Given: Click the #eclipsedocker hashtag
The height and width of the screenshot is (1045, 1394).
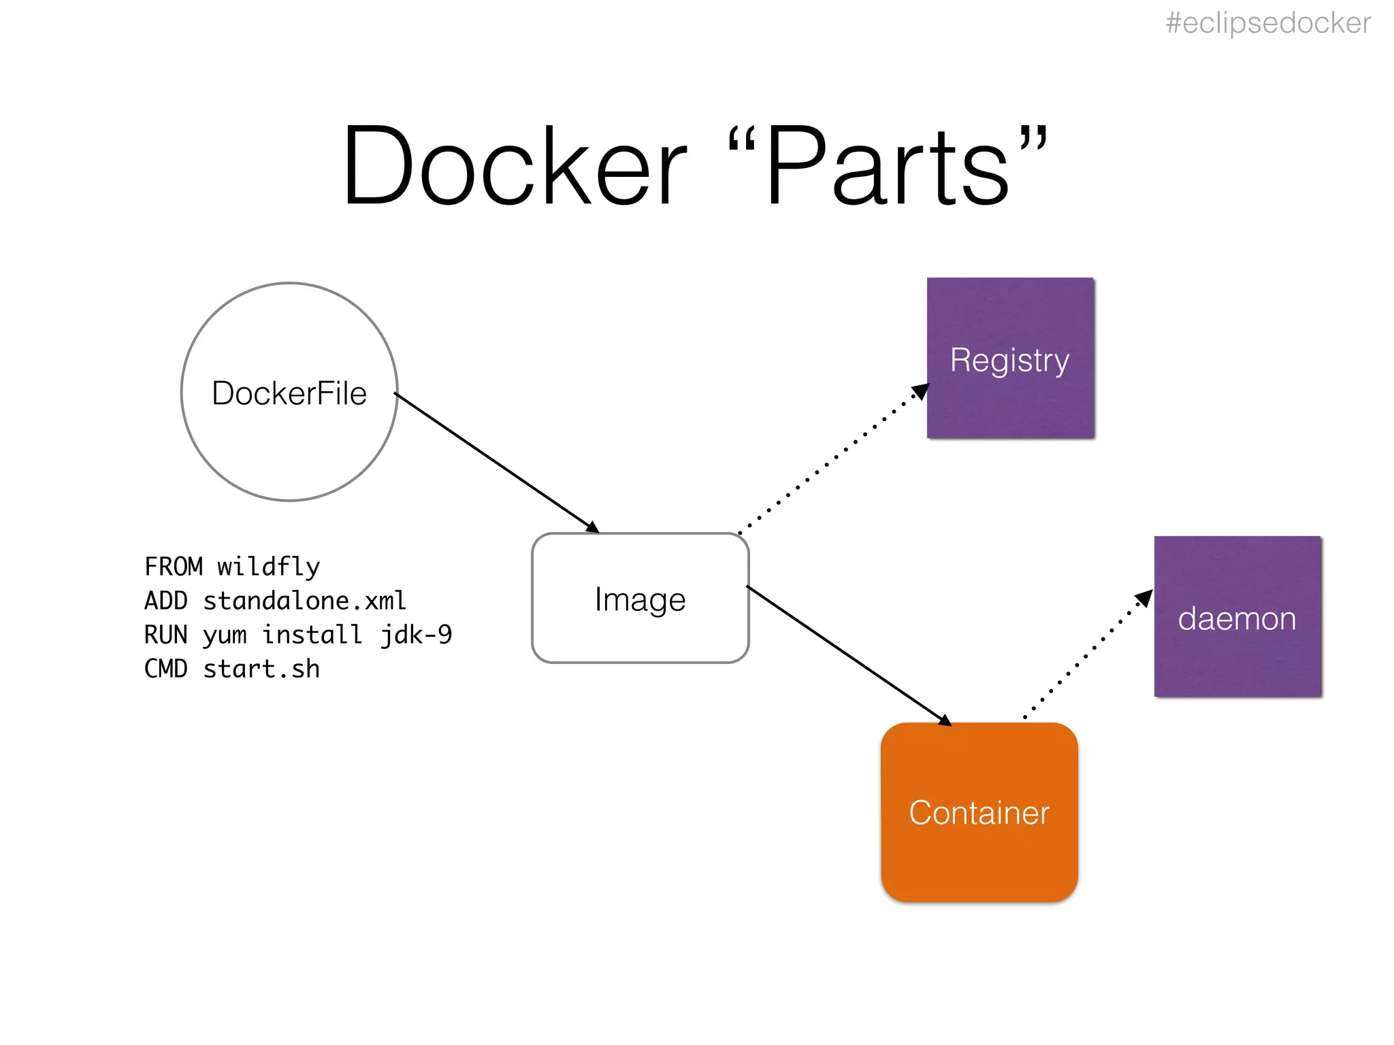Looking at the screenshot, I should pyautogui.click(x=1267, y=24).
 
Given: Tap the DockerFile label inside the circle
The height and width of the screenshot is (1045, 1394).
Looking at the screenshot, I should pyautogui.click(x=289, y=393).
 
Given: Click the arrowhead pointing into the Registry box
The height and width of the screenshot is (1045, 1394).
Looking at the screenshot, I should pyautogui.click(x=922, y=391).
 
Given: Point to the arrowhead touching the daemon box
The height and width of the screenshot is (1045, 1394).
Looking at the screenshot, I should pyautogui.click(x=1146, y=597).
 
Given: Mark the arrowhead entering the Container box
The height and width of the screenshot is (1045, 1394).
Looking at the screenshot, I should pyautogui.click(x=945, y=720).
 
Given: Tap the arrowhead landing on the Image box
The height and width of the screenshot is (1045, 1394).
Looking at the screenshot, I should pyautogui.click(x=592, y=527).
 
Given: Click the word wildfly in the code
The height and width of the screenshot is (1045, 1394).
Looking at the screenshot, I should pyautogui.click(x=268, y=567).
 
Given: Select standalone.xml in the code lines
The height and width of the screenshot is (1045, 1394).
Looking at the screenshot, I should pyautogui.click(x=304, y=601).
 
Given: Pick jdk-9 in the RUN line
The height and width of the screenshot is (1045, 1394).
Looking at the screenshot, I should pyautogui.click(x=416, y=635).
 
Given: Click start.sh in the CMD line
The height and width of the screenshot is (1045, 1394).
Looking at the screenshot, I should pyautogui.click(x=261, y=669).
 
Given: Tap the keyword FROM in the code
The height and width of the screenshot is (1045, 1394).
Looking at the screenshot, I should pyautogui.click(x=174, y=567).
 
